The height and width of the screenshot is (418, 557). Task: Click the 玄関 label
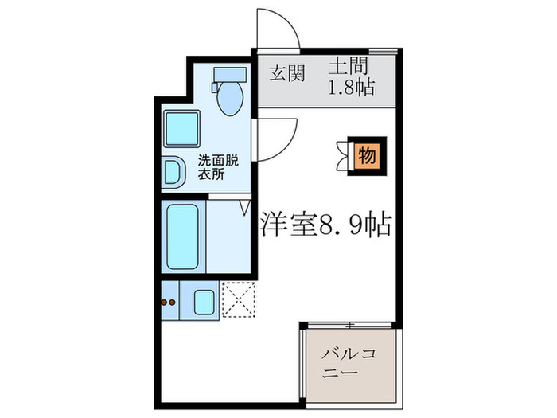coord(286,74)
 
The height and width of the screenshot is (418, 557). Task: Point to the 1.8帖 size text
coord(352,88)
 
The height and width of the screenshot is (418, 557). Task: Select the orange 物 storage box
coord(366,155)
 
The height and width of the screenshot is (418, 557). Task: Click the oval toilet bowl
coord(231,100)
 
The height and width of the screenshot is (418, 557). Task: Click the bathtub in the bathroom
coord(183,237)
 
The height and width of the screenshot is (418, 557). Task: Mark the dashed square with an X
coord(236,301)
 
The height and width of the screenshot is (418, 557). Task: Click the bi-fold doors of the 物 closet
coord(344,155)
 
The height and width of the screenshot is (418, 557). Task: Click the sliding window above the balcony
coord(349,325)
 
